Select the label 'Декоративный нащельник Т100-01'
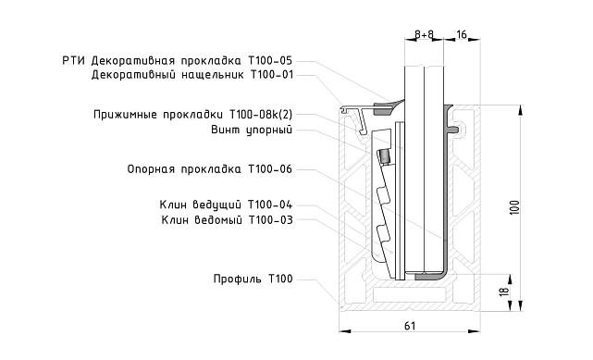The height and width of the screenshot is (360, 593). (x=192, y=75)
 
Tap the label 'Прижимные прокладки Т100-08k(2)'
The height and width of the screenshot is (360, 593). (x=192, y=115)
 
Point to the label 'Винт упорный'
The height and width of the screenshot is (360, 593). (x=252, y=130)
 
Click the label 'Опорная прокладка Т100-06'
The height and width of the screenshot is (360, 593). (x=209, y=169)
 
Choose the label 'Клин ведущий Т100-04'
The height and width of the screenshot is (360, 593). (x=226, y=205)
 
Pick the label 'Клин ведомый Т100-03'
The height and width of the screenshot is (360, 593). (x=226, y=219)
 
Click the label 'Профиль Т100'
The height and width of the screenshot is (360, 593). (x=252, y=279)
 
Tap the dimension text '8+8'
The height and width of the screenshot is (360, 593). (x=425, y=34)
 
